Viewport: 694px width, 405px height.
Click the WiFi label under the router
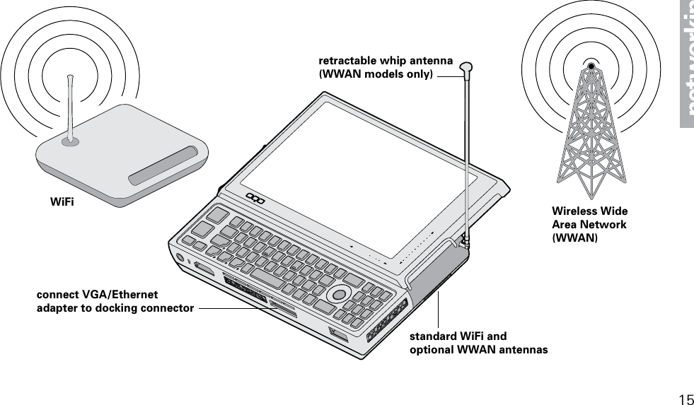pyautogui.click(x=62, y=202)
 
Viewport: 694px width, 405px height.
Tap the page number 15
pyautogui.click(x=685, y=399)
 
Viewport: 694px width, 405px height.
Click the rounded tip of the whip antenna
pyautogui.click(x=465, y=68)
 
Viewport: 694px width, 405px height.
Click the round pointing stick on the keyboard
pyautogui.click(x=340, y=293)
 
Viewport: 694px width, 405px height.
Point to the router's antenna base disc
pyautogui.click(x=69, y=141)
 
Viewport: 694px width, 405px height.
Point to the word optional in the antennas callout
pyautogui.click(x=433, y=350)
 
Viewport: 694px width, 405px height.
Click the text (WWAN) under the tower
pyautogui.click(x=574, y=238)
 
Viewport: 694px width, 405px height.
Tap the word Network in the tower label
pyautogui.click(x=603, y=225)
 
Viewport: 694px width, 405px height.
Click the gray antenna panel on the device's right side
pyautogui.click(x=435, y=272)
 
